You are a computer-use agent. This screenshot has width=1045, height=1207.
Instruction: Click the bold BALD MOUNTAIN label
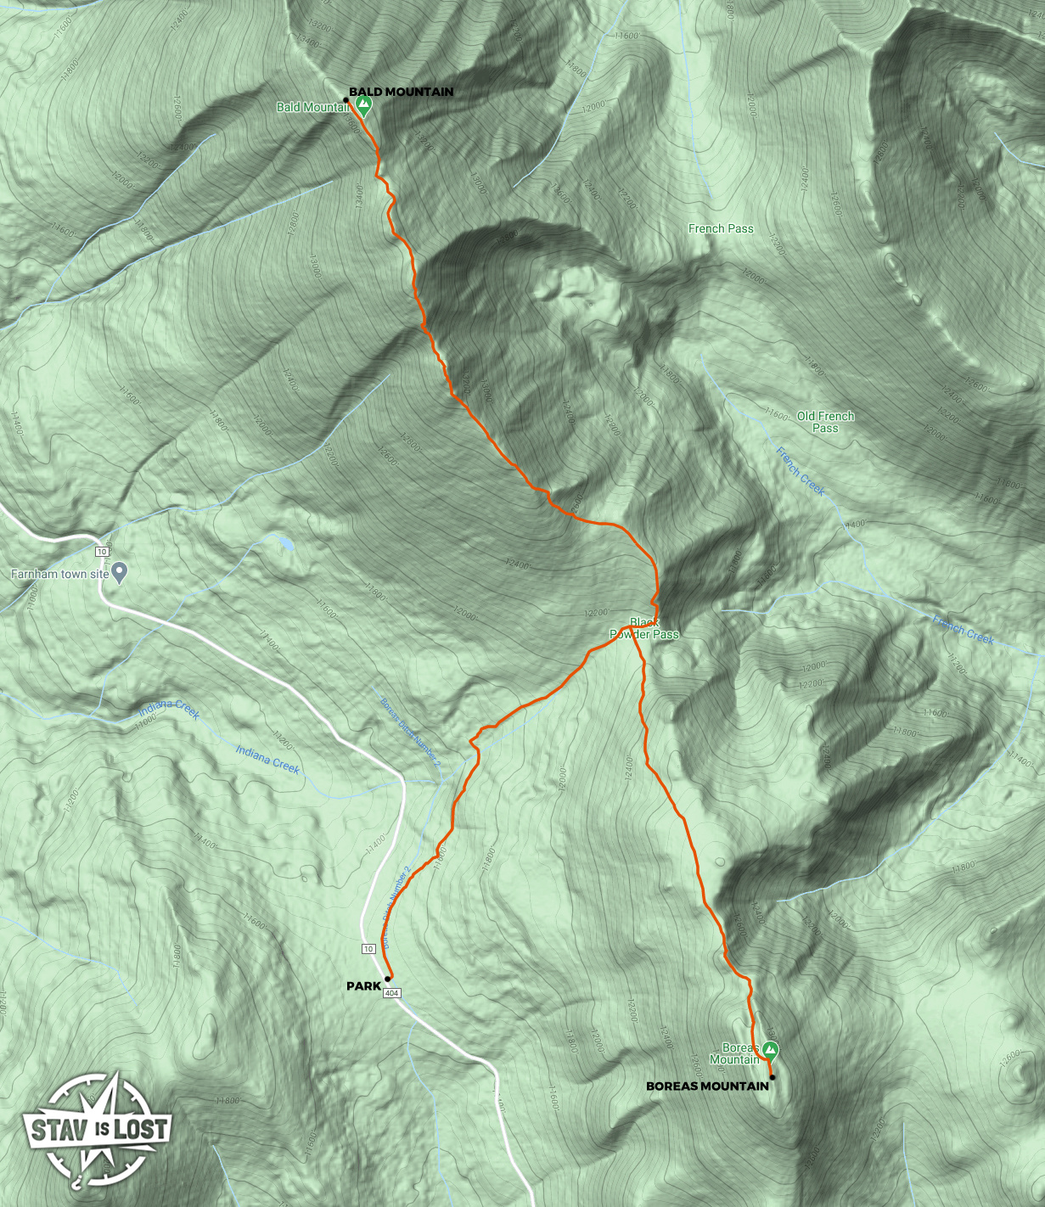tap(401, 92)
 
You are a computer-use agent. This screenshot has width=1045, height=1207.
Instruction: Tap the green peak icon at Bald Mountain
tap(363, 105)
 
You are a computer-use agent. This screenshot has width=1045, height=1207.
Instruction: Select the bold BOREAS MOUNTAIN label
tap(707, 1086)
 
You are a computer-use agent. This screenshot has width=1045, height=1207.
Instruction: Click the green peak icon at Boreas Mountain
tap(771, 1051)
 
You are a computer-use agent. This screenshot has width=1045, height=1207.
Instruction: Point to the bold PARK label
tap(363, 985)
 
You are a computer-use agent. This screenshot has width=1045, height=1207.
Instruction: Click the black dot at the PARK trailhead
tap(388, 978)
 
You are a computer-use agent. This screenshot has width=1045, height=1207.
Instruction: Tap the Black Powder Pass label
tap(644, 628)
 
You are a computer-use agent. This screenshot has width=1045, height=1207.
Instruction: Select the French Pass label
tap(721, 228)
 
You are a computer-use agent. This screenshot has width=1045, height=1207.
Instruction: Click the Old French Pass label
tap(825, 422)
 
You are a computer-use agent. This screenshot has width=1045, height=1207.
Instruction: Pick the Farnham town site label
tap(59, 575)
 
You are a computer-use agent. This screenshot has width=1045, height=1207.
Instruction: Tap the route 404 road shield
tap(391, 993)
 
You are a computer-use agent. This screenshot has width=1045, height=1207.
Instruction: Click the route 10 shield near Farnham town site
tap(102, 552)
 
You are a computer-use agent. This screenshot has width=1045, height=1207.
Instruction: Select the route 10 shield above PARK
tap(368, 949)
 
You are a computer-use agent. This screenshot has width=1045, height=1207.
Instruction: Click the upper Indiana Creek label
tap(170, 710)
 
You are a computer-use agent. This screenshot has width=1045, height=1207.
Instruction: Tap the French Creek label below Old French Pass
tap(801, 471)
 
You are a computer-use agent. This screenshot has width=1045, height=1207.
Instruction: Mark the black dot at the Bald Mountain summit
tap(346, 100)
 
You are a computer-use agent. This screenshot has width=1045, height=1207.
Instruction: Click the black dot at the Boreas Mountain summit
tap(772, 1077)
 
